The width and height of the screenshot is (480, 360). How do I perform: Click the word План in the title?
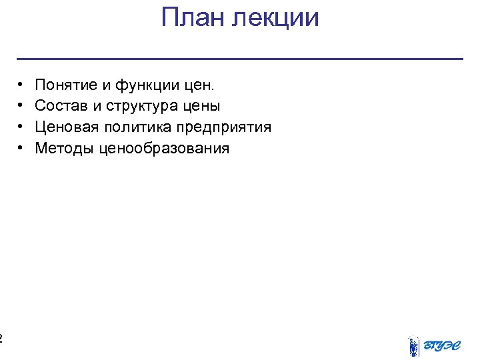tap(193, 18)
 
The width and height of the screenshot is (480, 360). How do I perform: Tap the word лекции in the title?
tap(275, 18)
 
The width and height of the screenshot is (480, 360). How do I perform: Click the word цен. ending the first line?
tap(199, 85)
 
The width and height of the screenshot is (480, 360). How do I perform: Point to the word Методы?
tap(64, 148)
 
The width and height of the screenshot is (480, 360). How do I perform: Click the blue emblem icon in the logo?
tap(413, 346)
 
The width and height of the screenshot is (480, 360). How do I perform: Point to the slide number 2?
tap(1, 338)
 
